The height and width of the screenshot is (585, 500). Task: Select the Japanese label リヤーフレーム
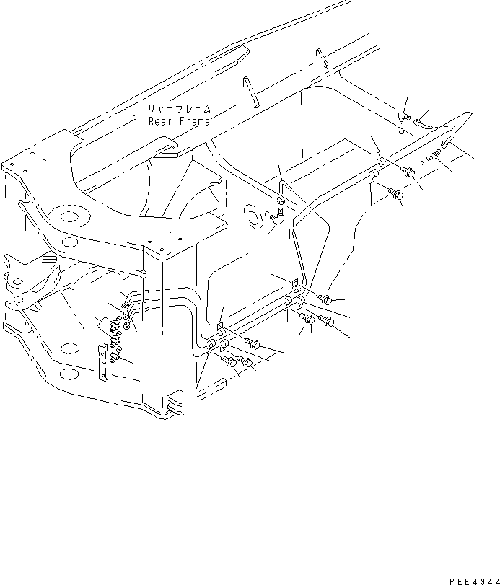pyautogui.click(x=177, y=110)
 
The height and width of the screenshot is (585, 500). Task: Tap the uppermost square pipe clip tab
pyautogui.click(x=378, y=155)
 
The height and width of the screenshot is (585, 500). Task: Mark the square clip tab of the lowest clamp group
pyautogui.click(x=219, y=327)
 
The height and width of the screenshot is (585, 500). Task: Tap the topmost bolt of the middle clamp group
pyautogui.click(x=324, y=297)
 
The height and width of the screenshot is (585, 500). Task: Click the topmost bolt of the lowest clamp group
pyautogui.click(x=253, y=343)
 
